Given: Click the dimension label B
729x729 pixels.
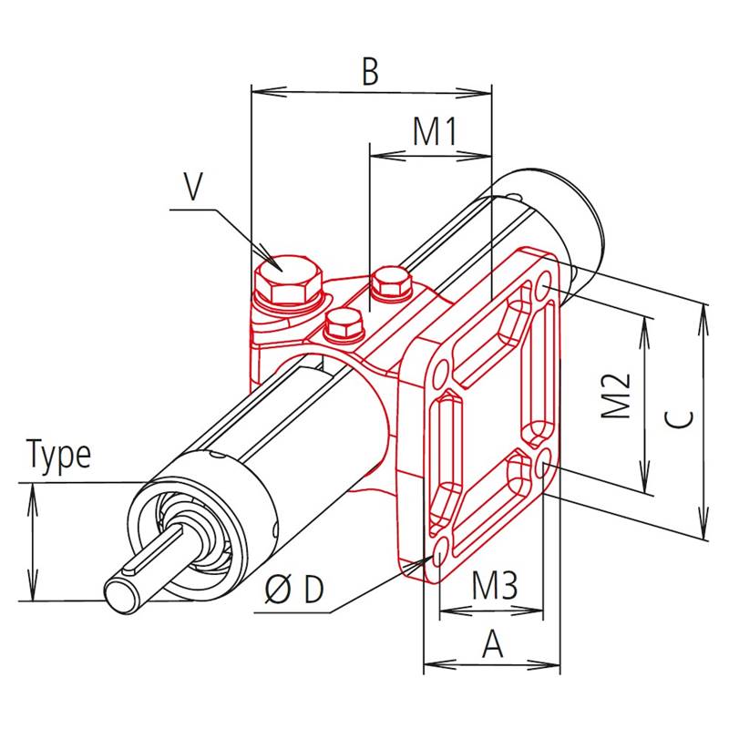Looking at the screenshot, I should [369, 72].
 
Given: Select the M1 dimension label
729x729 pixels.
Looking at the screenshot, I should [433, 132].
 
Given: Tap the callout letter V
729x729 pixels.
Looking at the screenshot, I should [192, 187].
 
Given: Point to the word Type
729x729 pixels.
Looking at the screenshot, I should [59, 455].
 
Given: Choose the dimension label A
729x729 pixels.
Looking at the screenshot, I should [492, 644].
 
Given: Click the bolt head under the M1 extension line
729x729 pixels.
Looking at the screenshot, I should [390, 284].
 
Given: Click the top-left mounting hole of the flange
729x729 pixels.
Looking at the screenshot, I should [440, 374].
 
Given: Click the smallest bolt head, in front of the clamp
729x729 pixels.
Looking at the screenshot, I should [344, 323].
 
